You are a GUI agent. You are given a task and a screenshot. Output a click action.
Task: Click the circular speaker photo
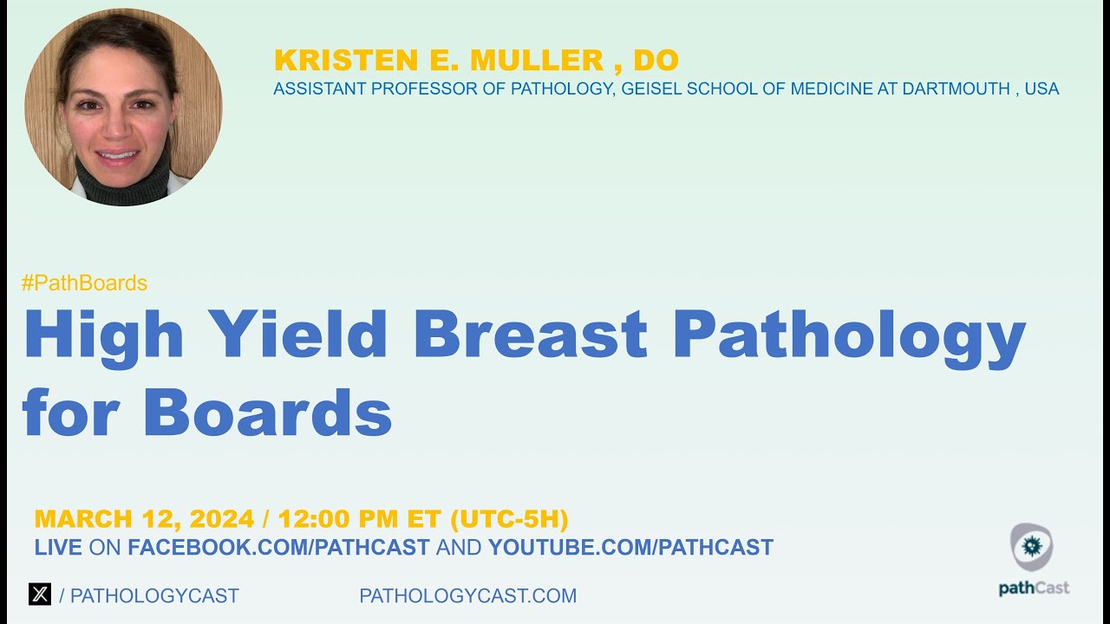tap(123, 107)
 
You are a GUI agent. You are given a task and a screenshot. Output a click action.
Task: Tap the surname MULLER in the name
tap(537, 61)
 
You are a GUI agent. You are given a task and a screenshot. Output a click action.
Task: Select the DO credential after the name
tap(656, 61)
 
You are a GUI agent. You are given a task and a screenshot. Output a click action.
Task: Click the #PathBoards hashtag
tap(84, 283)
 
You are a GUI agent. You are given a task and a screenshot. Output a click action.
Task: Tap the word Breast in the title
tap(531, 335)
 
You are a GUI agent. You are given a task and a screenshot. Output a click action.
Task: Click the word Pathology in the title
tap(849, 335)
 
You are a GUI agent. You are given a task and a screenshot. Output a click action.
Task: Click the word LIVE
tap(58, 548)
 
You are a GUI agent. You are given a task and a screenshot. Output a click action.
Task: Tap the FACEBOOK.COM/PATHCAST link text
tap(278, 548)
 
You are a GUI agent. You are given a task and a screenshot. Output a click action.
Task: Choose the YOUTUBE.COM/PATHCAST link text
tap(630, 548)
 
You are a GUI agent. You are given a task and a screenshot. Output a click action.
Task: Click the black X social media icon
tap(40, 595)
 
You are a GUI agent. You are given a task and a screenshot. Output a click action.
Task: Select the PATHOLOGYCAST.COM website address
tap(467, 596)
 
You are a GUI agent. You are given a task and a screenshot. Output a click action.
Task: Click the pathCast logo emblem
tap(1032, 547)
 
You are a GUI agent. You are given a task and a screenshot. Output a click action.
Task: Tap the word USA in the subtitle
tap(1041, 88)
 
